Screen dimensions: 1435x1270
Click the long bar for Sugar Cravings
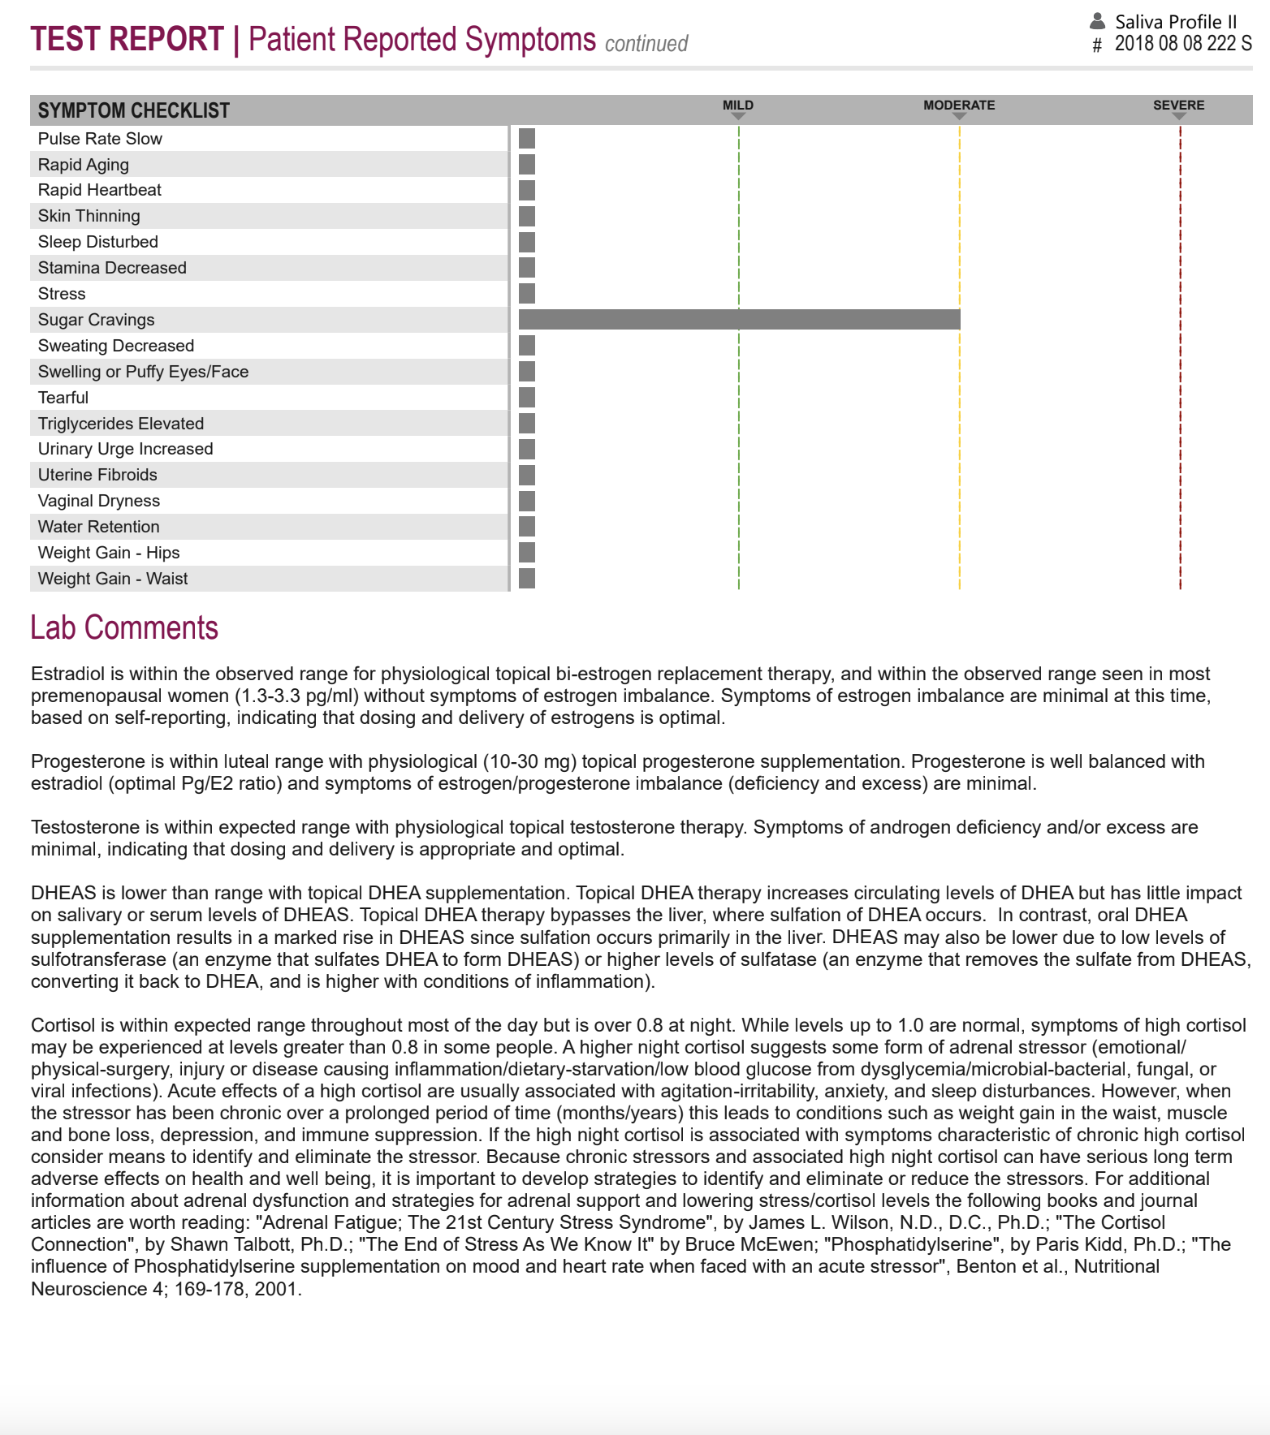coord(739,320)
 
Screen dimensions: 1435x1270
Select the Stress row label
coord(62,294)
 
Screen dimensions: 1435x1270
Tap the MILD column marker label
coord(737,106)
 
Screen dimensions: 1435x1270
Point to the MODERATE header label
coord(958,106)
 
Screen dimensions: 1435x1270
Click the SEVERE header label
coord(1178,106)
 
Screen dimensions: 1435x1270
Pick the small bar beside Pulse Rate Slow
coord(527,139)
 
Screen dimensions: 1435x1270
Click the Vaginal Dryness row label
coord(99,501)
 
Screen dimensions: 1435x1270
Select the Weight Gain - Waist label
coord(113,579)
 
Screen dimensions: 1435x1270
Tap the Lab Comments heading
coord(124,627)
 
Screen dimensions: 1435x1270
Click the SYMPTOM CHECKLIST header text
coord(134,110)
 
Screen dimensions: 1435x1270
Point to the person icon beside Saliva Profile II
coord(1098,21)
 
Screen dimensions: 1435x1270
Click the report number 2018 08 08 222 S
coord(1182,44)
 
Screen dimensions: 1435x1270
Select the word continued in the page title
coord(646,44)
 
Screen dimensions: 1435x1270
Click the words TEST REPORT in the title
coord(127,39)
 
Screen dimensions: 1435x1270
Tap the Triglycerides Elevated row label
coord(121,424)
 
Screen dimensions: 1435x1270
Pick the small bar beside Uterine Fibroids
coord(527,475)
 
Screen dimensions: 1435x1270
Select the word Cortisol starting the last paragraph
coord(62,1025)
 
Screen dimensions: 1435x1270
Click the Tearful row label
coord(63,398)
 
